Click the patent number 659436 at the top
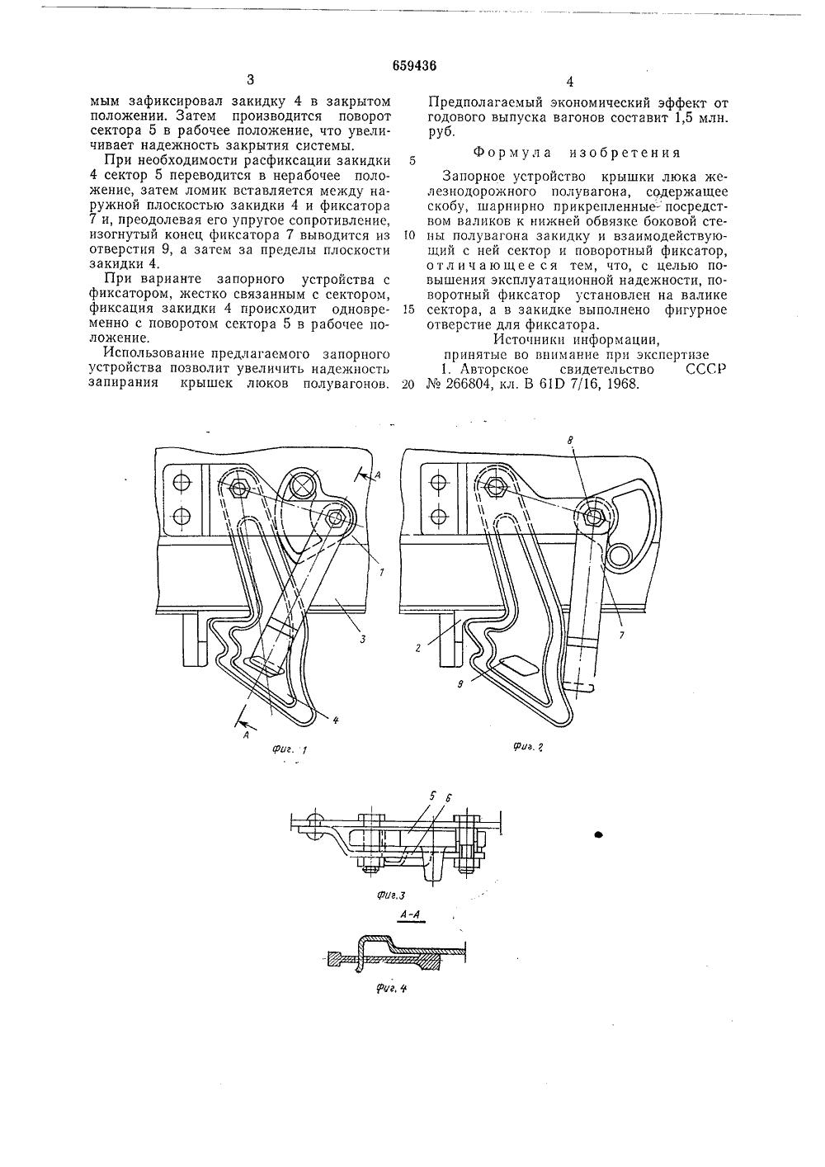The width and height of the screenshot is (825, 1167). pyautogui.click(x=413, y=66)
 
